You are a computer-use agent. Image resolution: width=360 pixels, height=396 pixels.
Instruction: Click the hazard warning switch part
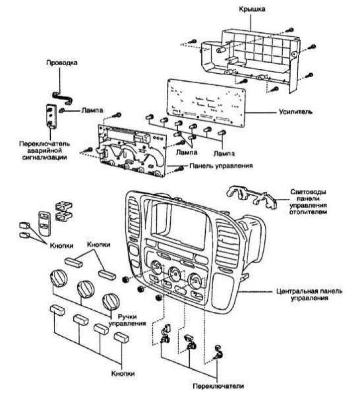pos(51,117)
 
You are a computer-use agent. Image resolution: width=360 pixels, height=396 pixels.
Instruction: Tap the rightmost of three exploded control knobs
pos(111,302)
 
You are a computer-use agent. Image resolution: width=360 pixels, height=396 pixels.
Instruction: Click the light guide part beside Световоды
pos(251,197)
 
